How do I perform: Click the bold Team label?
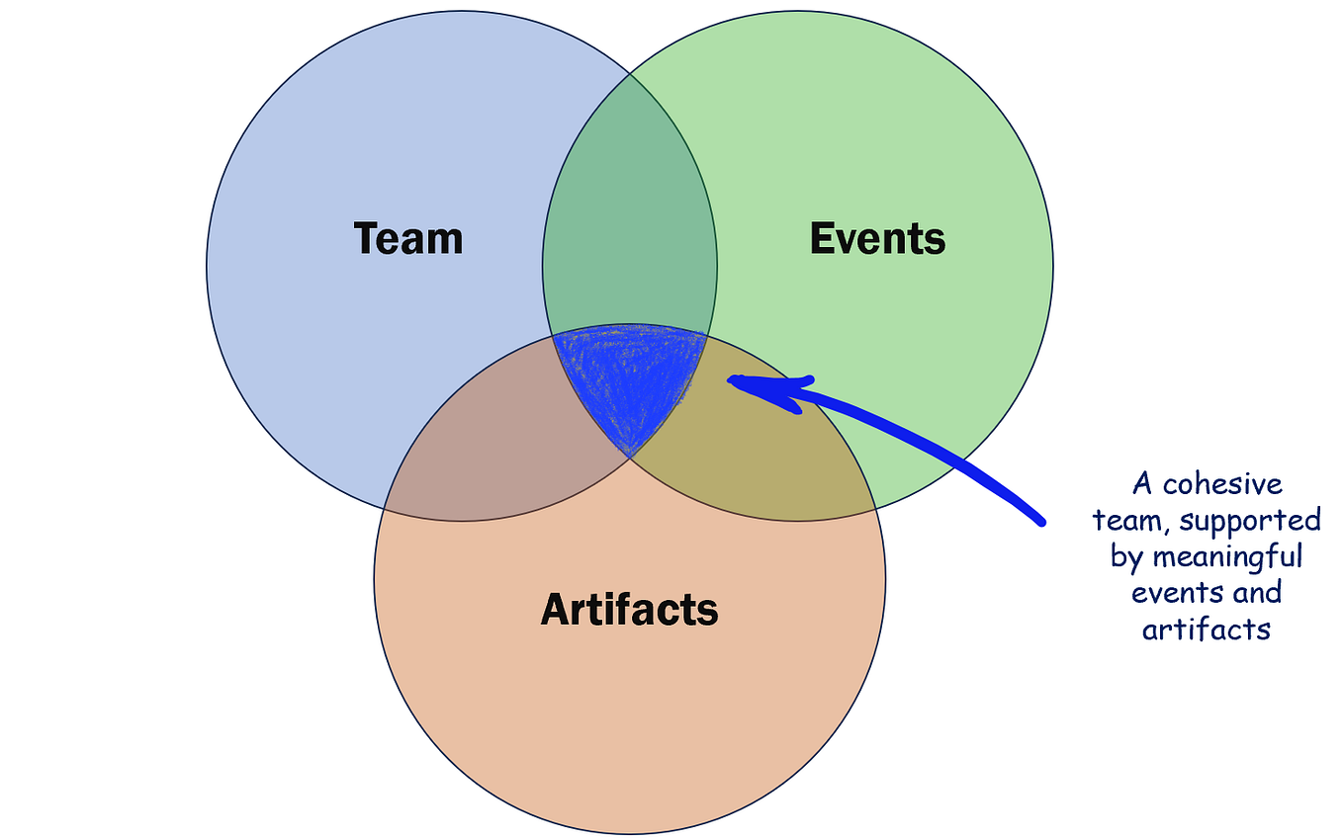point(408,239)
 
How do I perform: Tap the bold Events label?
point(877,239)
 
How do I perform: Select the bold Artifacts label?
point(629,609)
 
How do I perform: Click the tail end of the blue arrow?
point(1040,520)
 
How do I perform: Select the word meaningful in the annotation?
point(1227,557)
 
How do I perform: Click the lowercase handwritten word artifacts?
point(1206,629)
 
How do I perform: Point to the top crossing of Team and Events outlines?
point(630,73)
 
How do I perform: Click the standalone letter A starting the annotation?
point(1143,484)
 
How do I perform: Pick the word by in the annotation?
point(1126,557)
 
